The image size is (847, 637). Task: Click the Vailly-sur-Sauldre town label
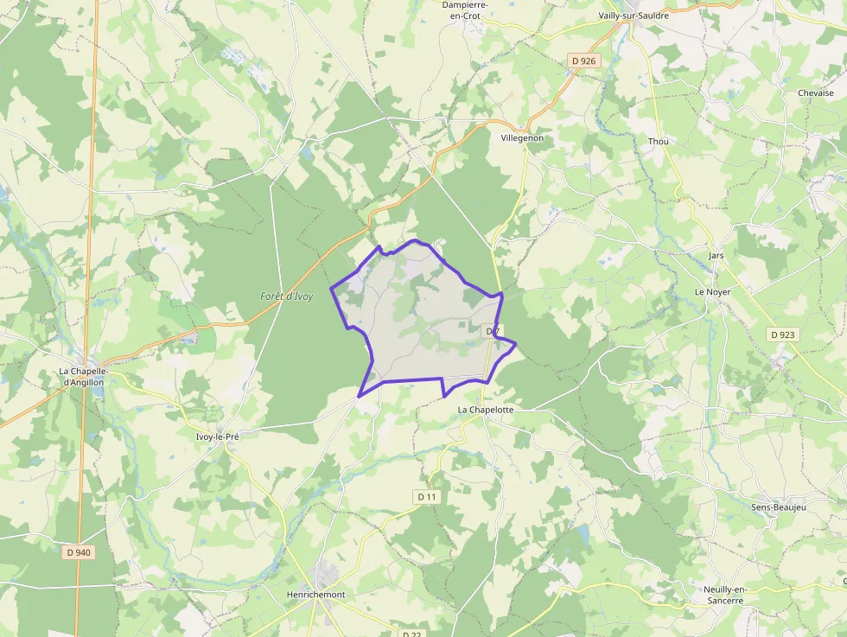point(634,16)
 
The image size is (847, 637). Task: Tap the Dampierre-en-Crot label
point(465,10)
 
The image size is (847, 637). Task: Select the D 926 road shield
point(583,61)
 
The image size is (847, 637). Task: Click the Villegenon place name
point(522,137)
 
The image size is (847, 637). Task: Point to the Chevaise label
point(815,93)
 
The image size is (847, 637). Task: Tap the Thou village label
point(659,141)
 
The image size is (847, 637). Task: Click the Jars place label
point(716,256)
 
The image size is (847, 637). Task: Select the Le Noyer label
point(712,292)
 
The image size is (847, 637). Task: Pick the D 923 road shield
point(783,334)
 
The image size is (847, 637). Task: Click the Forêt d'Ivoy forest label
point(286,296)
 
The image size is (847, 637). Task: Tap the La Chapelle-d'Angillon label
point(81,376)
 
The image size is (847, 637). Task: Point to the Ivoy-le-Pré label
point(217,436)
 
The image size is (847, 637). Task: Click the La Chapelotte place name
point(486,410)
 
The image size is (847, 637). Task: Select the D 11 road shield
point(427,497)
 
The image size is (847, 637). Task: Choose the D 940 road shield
point(78,552)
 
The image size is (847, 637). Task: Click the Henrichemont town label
point(315,595)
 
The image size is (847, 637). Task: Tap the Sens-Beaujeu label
point(778,507)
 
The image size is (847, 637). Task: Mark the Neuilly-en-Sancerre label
point(723,595)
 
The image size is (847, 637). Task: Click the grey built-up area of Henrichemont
point(328,574)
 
